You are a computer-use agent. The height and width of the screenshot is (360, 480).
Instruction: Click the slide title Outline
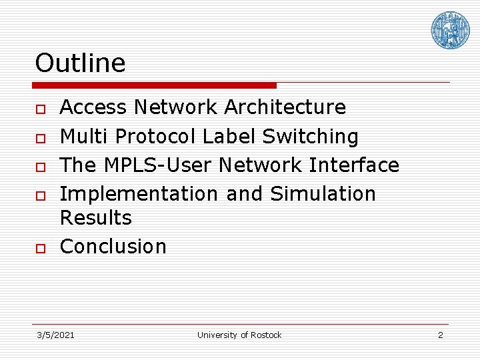(80, 63)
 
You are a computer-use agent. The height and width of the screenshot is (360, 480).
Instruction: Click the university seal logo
(450, 30)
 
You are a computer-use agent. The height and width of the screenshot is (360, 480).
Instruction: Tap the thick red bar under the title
(155, 85)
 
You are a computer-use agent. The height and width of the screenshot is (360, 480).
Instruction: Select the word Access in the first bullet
(93, 107)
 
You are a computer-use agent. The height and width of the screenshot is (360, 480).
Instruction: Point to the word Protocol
(156, 137)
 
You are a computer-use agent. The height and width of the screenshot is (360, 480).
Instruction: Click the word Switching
(310, 137)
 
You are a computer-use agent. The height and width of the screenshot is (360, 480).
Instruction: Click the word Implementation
(139, 194)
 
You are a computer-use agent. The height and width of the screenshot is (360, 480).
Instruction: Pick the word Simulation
(323, 194)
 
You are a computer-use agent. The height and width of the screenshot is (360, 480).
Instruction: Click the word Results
(96, 218)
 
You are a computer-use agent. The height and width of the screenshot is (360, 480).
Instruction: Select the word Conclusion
(113, 247)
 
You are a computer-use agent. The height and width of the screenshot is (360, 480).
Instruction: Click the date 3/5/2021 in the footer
(55, 335)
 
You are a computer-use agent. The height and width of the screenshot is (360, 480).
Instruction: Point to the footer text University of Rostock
(239, 335)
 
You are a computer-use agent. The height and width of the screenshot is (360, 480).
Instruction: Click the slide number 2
(440, 335)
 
